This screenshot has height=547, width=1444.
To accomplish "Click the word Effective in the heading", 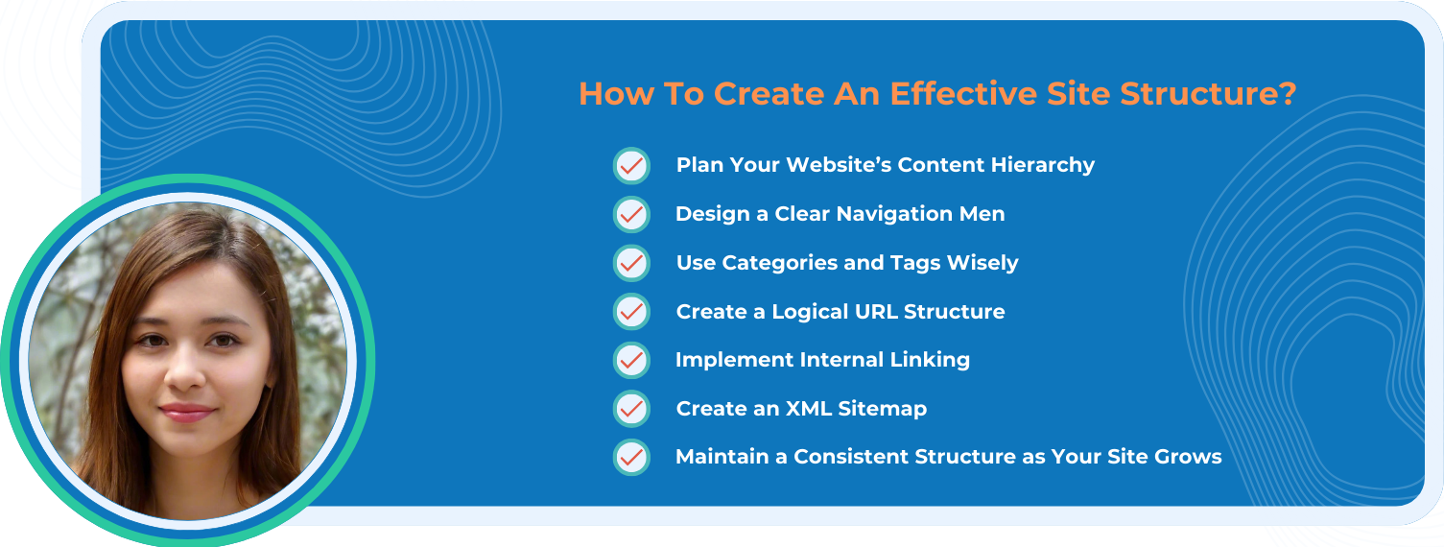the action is (x=963, y=93).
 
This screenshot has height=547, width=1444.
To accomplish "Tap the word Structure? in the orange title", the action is (x=1208, y=94).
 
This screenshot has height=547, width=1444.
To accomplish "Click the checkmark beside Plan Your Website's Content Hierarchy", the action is (x=631, y=166).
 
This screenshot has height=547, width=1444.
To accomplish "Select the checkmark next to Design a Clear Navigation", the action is (x=631, y=214).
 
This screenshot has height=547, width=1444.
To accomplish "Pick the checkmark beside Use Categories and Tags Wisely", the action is (x=631, y=263).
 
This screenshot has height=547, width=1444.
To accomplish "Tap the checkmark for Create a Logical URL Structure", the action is (x=631, y=312).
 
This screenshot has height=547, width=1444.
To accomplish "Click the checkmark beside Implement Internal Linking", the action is (x=631, y=360).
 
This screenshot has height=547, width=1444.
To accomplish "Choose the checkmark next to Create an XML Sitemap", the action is (x=631, y=408).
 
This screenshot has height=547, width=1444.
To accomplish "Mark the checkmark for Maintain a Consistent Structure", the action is (x=631, y=458).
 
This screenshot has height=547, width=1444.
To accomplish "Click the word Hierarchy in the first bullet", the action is (x=1042, y=165).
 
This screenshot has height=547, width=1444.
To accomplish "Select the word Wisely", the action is (x=983, y=263).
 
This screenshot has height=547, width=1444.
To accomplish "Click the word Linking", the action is (x=930, y=360).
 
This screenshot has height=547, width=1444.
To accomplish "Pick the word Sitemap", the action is (x=883, y=409).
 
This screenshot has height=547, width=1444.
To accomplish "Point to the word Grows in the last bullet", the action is (x=1188, y=457).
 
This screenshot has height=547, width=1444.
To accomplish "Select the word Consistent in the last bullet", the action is (x=851, y=457).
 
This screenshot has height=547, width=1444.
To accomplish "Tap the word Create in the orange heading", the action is (x=769, y=93).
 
